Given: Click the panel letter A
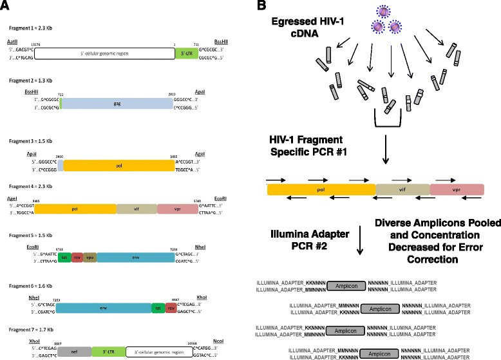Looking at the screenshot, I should (x=6, y=6).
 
